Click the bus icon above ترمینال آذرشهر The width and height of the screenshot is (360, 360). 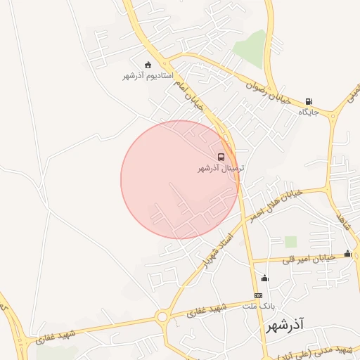pos(221,157)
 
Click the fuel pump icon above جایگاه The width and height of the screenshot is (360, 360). pos(309,101)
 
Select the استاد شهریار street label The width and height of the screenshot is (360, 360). pos(214,250)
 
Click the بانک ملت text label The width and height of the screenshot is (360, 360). pos(258,307)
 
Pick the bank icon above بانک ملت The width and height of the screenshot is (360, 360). pos(258,296)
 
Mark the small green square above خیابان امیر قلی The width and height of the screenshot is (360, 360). pos(290,242)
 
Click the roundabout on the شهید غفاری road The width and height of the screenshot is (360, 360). pos(162,317)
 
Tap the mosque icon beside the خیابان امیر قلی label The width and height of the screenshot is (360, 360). pos(347,253)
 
